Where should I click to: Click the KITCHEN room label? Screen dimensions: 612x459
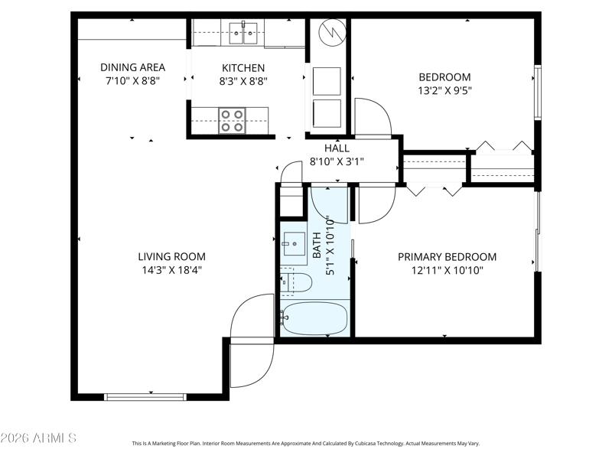point(243,68)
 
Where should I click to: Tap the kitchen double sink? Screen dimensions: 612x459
point(243,33)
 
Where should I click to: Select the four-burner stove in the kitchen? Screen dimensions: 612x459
point(233,121)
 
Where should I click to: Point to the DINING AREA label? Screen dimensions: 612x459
point(132,67)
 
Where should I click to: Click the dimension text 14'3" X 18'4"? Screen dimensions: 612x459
point(171,270)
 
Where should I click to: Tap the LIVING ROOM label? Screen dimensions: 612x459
point(171,256)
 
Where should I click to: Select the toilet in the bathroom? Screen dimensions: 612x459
point(296,281)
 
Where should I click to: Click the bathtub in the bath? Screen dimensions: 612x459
point(314,318)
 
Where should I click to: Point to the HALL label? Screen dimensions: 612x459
point(337,148)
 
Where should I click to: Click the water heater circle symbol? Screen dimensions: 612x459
point(333,32)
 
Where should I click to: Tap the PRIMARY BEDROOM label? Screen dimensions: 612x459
point(448,257)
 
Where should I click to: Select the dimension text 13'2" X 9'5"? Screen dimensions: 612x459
point(445,90)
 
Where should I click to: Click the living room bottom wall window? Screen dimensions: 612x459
point(145,397)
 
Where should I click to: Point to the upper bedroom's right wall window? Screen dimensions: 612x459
point(538,92)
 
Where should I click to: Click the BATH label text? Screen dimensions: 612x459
point(317,245)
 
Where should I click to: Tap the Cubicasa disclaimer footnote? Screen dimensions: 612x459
point(305,444)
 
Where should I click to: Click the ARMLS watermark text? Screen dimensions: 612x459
point(38,438)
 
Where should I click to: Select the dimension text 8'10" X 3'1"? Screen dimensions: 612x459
point(337,161)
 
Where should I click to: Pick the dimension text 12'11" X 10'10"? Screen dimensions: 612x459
point(448,270)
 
